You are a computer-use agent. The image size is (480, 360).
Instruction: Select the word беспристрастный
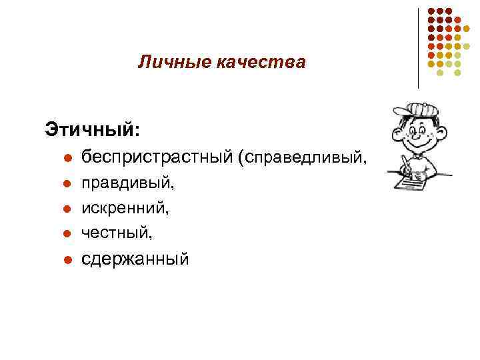(157, 157)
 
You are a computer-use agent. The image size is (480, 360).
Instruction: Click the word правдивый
(125, 181)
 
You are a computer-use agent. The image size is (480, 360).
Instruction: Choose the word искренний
(125, 207)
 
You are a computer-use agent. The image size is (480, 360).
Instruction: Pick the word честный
(117, 233)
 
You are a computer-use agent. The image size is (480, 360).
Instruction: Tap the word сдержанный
(135, 259)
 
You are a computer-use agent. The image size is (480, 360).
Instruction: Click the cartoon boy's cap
(417, 111)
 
